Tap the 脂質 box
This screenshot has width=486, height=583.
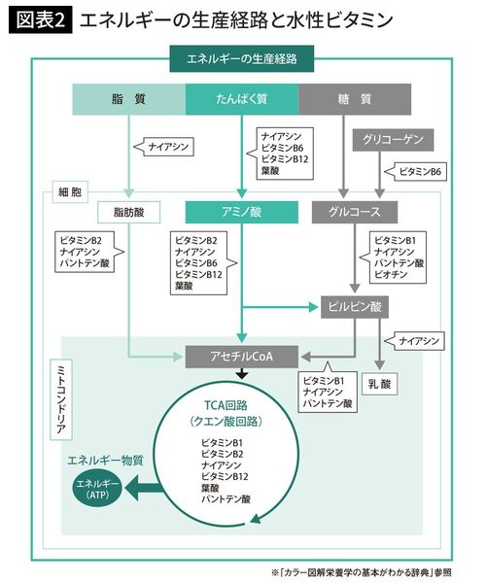tap(130, 99)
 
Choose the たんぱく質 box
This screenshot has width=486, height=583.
tap(242, 99)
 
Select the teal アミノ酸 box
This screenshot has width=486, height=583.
tap(242, 211)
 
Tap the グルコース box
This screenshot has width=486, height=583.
tap(356, 211)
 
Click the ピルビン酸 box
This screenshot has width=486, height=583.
tap(354, 307)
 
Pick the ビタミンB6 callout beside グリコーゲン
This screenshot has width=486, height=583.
tap(421, 171)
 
